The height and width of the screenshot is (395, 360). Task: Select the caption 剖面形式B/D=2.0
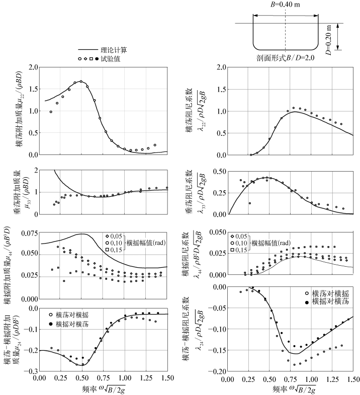(285, 58)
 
